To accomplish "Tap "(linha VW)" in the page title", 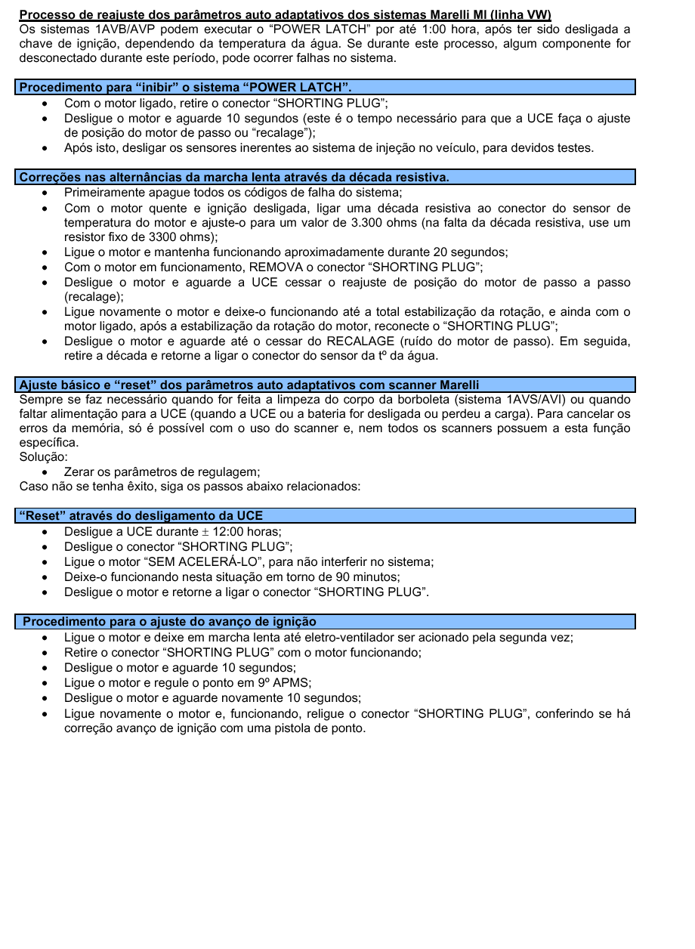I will pyautogui.click(x=520, y=15).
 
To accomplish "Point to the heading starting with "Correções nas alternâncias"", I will pyautogui.click(x=234, y=178).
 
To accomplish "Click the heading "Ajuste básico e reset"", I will pyautogui.click(x=249, y=385).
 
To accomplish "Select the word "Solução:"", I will pyautogui.click(x=44, y=458).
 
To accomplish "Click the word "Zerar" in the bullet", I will pyautogui.click(x=81, y=472).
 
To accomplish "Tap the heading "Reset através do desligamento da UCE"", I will pyautogui.click(x=141, y=516).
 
